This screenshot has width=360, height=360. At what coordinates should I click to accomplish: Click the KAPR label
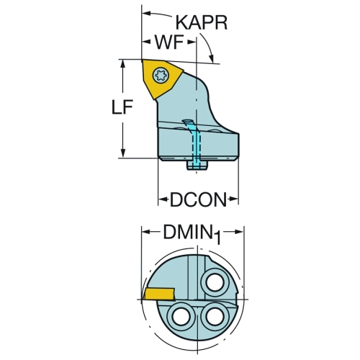pyautogui.click(x=202, y=23)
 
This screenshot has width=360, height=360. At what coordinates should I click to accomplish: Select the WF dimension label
pyautogui.click(x=169, y=42)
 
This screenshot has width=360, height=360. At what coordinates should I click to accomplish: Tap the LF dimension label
pyautogui.click(x=122, y=107)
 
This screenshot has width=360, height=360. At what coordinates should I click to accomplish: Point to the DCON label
pyautogui.click(x=198, y=199)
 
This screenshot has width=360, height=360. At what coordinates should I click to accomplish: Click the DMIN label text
pyautogui.click(x=189, y=232)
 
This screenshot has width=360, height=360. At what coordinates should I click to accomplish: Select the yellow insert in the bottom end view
pyautogui.click(x=158, y=294)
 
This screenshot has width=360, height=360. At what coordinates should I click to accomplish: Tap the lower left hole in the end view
pyautogui.click(x=179, y=316)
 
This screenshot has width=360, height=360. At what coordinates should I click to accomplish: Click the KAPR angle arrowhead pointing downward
pyautogui.click(x=212, y=58)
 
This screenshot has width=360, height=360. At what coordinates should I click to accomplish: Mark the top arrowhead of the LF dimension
pyautogui.click(x=123, y=63)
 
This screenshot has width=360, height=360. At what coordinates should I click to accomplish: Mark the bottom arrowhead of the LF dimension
pyautogui.click(x=123, y=153)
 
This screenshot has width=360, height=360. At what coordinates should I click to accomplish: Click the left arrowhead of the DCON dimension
pyautogui.click(x=163, y=199)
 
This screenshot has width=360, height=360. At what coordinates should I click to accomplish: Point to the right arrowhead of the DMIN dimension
pyautogui.click(x=239, y=232)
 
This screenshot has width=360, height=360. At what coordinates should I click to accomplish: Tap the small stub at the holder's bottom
pyautogui.click(x=197, y=166)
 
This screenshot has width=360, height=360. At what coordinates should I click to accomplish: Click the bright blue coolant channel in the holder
pyautogui.click(x=194, y=143)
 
